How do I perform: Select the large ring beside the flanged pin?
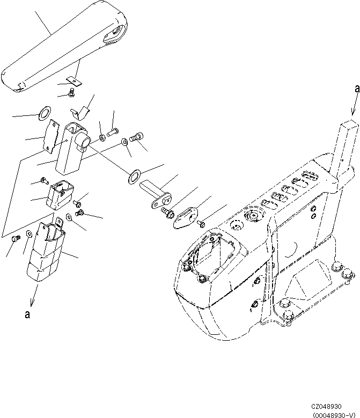point(133,175)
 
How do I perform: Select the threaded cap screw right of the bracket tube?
point(137,138)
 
